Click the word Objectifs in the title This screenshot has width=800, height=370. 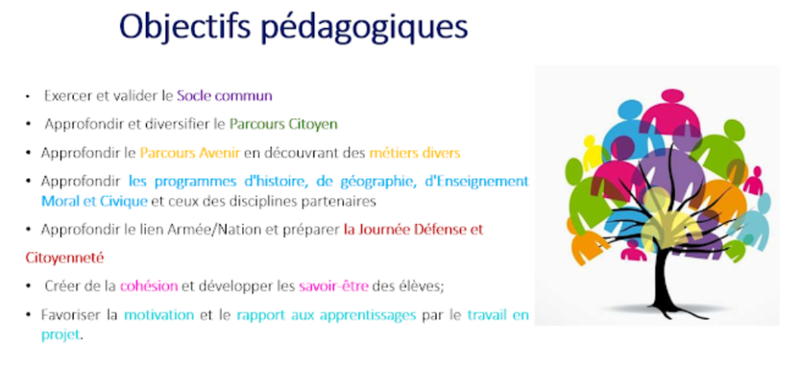pyautogui.click(x=184, y=26)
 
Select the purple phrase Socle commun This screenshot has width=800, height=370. pyautogui.click(x=224, y=95)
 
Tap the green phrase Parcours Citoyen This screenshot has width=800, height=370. pyautogui.click(x=283, y=124)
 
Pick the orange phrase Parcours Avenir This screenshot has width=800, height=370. pyautogui.click(x=190, y=153)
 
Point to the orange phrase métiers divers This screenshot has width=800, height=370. pyautogui.click(x=415, y=153)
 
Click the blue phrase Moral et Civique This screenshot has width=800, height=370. pyautogui.click(x=95, y=201)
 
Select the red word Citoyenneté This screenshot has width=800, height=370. pyautogui.click(x=65, y=258)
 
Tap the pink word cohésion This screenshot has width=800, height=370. pyautogui.click(x=149, y=286)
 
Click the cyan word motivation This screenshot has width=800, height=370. pyautogui.click(x=159, y=314)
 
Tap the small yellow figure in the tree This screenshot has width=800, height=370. pyautogui.click(x=591, y=153)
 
